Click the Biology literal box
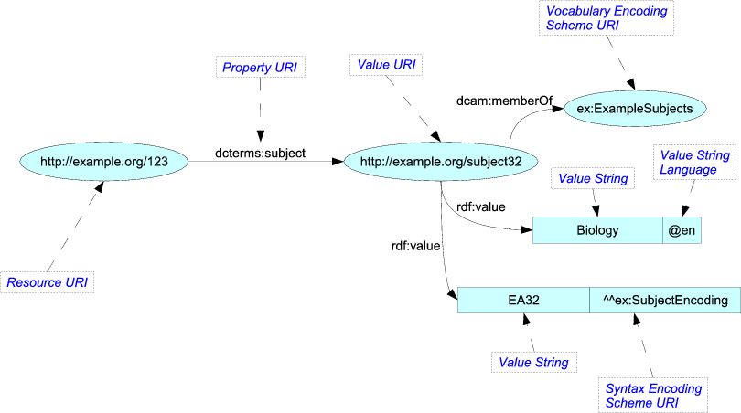(x=597, y=231)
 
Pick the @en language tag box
(x=682, y=231)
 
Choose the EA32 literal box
(x=523, y=300)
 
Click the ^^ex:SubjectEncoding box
(x=664, y=300)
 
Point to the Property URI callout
(x=260, y=68)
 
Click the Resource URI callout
(x=48, y=282)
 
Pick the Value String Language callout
(x=695, y=163)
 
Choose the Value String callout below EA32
(x=533, y=363)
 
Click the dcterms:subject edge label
(x=260, y=153)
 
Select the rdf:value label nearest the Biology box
(x=480, y=206)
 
